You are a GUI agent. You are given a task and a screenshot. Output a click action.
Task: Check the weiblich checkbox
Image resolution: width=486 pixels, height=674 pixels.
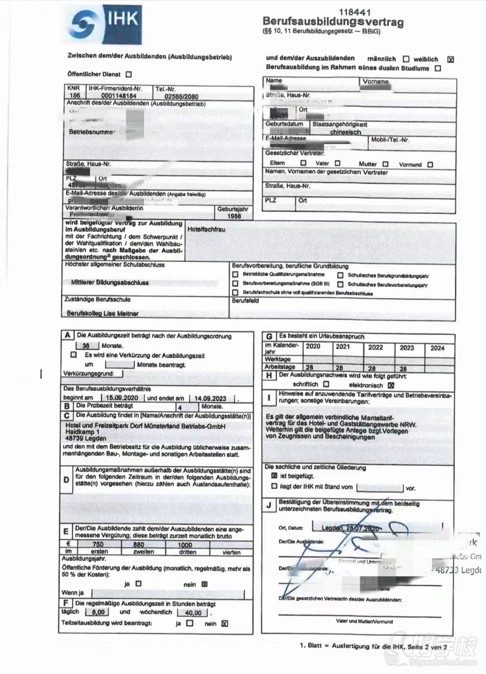(450, 59)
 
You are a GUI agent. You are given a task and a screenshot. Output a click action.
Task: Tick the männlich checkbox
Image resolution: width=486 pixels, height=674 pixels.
(406, 59)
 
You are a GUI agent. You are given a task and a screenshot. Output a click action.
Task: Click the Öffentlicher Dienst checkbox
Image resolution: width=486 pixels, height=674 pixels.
(128, 74)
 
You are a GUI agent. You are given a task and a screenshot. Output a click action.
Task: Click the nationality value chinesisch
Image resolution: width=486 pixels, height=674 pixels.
(344, 131)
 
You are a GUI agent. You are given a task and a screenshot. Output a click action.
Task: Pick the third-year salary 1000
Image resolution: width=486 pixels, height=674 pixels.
(185, 545)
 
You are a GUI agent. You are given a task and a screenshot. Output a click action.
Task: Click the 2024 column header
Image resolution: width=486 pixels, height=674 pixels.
(437, 348)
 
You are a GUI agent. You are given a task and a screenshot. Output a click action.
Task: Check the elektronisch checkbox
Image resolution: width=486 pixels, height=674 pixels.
(391, 384)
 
